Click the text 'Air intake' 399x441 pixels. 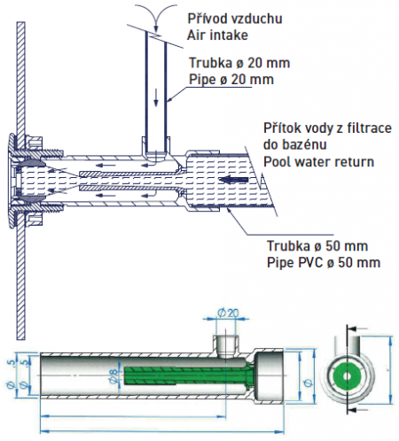[x=217, y=35]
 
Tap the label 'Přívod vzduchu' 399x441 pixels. [x=235, y=19]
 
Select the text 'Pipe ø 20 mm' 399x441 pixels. [x=231, y=80]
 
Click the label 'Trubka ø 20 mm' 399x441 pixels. [x=239, y=63]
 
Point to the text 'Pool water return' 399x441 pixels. [x=318, y=162]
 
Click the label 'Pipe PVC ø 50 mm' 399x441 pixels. [x=324, y=262]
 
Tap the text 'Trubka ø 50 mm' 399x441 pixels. [x=317, y=246]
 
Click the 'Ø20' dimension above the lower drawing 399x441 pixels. [x=227, y=313]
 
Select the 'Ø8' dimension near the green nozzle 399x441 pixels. [x=113, y=375]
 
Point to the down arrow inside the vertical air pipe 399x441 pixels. [x=156, y=100]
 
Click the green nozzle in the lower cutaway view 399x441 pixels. [x=186, y=375]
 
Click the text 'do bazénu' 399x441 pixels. [x=294, y=144]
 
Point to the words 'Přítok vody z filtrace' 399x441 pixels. [x=327, y=128]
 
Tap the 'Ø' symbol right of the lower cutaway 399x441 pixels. [x=308, y=383]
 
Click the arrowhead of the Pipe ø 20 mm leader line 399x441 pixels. [x=170, y=99]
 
